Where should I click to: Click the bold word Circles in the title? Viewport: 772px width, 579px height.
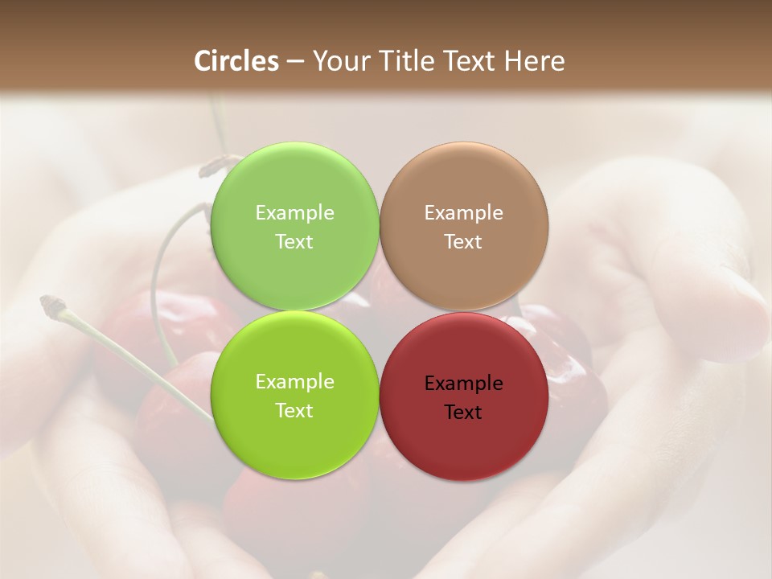(x=236, y=61)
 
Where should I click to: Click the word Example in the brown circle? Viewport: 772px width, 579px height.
(x=463, y=212)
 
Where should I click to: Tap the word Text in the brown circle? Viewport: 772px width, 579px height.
(x=463, y=241)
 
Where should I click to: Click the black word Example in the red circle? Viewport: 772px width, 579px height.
(x=463, y=383)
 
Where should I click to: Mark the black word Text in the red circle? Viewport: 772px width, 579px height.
(x=463, y=412)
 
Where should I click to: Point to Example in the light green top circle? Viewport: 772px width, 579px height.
(x=294, y=212)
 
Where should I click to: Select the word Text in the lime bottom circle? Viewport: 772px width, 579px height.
(x=294, y=410)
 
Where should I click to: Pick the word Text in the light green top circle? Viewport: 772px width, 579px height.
(x=294, y=241)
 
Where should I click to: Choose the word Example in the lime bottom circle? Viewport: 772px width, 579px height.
(x=294, y=381)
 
